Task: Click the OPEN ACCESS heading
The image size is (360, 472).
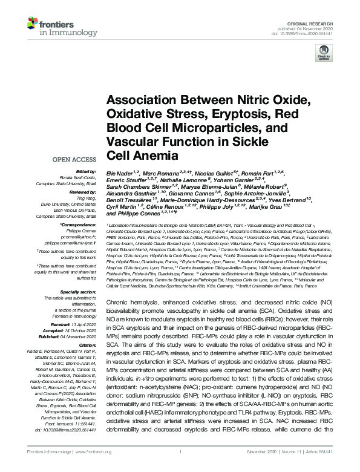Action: [x=76, y=160]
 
